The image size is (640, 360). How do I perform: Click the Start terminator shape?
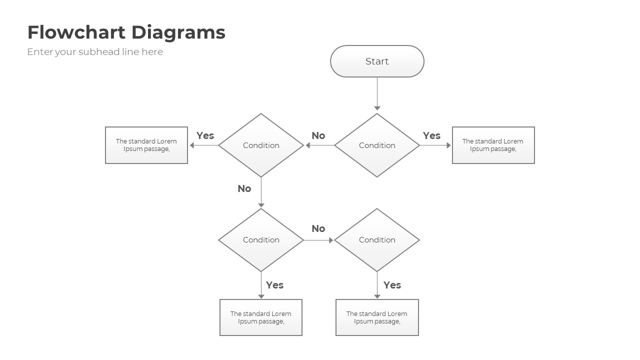click(x=377, y=61)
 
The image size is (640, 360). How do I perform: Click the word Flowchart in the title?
click(x=77, y=32)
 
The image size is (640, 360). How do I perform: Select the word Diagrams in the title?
click(x=178, y=32)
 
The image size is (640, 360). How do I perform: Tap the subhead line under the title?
click(x=95, y=52)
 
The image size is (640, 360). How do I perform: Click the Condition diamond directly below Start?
click(x=377, y=145)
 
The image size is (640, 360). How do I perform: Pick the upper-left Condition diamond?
click(x=261, y=145)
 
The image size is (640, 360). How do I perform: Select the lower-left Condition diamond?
click(x=261, y=240)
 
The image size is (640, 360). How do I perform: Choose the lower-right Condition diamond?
click(x=377, y=240)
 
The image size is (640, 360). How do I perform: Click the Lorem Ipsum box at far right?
click(x=493, y=145)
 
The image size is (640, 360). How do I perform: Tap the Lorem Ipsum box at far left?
click(x=146, y=145)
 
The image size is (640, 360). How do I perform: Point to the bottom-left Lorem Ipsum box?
click(x=261, y=317)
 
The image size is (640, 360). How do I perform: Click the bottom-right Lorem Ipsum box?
click(x=377, y=317)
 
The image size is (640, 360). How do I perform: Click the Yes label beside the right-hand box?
click(x=431, y=135)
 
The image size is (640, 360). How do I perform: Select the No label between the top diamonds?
click(x=318, y=135)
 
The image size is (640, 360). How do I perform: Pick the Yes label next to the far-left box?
click(x=205, y=135)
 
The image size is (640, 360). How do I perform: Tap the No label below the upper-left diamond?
click(x=244, y=188)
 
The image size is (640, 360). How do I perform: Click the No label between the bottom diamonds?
click(x=318, y=228)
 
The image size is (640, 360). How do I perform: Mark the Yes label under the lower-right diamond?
click(x=392, y=285)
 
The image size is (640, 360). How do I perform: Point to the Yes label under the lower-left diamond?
click(x=274, y=285)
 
